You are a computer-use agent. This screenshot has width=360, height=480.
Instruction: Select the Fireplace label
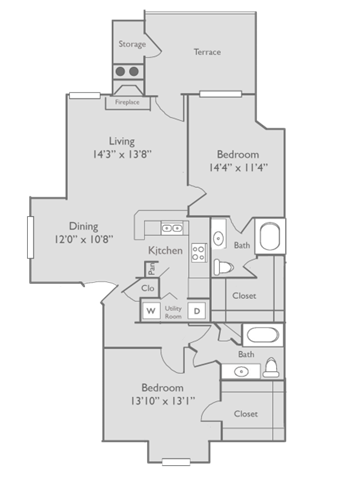[x=127, y=102]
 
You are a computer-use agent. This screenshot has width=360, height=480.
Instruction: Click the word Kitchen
[x=165, y=250]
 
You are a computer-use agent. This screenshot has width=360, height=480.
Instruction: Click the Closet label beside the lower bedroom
[x=245, y=413]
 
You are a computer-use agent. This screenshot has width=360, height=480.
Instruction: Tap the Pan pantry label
[x=151, y=270]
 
